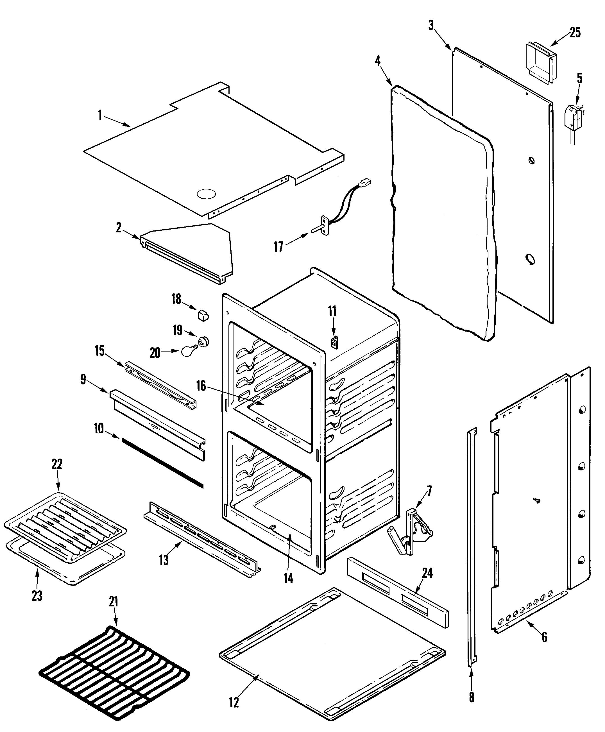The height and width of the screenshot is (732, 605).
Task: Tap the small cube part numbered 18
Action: pyautogui.click(x=203, y=315)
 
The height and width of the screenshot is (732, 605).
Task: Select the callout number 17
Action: pyautogui.click(x=278, y=247)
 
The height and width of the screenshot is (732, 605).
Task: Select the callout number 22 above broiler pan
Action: pyautogui.click(x=57, y=464)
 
